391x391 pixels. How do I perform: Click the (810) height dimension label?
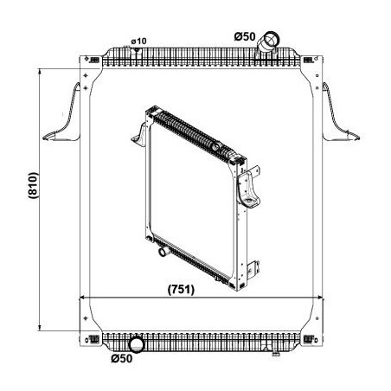click(33, 185)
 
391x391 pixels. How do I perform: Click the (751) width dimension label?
click(181, 289)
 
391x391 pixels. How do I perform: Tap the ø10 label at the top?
click(138, 42)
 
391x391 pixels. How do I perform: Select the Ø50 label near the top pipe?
click(245, 36)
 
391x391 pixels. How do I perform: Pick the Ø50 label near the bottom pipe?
click(122, 358)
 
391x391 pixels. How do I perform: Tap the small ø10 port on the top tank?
click(137, 50)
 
